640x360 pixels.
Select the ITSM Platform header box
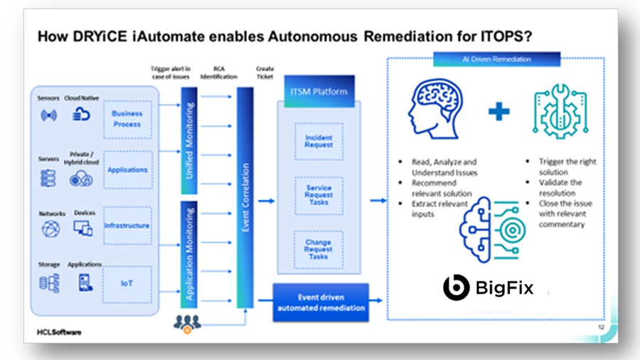(318, 91)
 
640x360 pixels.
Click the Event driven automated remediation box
(322, 302)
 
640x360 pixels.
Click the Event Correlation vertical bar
(245, 198)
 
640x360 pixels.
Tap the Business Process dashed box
(127, 119)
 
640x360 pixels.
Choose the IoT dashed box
(127, 283)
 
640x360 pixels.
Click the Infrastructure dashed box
(127, 226)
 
